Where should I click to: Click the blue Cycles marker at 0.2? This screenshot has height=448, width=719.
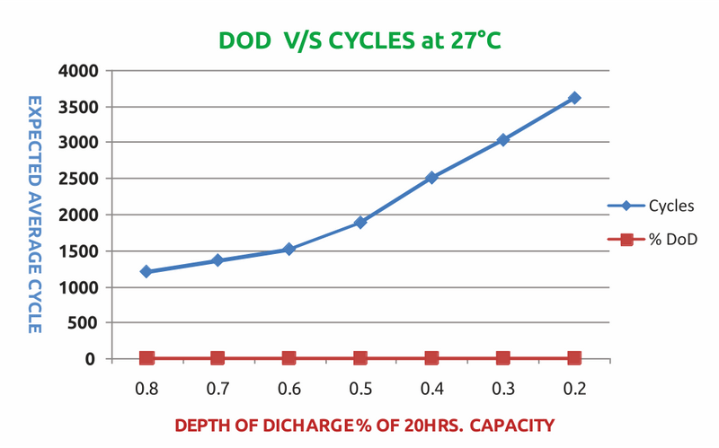[x=574, y=98]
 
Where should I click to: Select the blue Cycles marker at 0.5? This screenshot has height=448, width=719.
[x=360, y=222]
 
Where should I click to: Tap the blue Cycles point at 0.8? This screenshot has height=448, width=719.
[x=146, y=271]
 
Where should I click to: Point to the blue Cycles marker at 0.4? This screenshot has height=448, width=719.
[x=431, y=178]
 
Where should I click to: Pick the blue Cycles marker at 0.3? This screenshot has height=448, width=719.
[x=503, y=140]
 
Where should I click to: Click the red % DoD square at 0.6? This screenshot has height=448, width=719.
[x=288, y=358]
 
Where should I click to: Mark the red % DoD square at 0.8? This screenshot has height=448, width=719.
[x=146, y=358]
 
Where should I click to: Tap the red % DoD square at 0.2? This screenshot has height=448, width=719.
[x=574, y=358]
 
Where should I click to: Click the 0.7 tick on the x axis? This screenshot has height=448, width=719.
[x=217, y=388]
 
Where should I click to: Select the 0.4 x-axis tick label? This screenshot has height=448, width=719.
[x=431, y=388]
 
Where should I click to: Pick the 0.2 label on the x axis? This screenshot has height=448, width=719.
[x=574, y=388]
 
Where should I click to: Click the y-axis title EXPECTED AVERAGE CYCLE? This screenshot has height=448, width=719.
[x=34, y=214]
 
